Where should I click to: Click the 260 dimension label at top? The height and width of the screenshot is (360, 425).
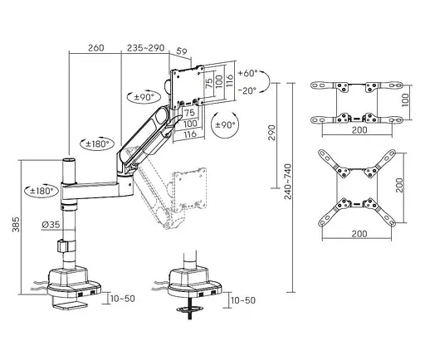click(96, 48)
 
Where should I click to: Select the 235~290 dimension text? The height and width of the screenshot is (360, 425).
click(146, 48)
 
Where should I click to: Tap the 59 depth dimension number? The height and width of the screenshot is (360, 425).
click(182, 51)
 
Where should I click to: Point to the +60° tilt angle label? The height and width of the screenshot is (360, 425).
click(247, 73)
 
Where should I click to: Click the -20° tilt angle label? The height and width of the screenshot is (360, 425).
click(247, 90)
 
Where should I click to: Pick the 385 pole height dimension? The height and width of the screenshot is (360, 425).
click(16, 224)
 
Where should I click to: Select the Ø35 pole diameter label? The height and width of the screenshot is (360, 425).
click(51, 225)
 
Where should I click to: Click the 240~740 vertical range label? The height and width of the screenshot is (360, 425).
click(288, 182)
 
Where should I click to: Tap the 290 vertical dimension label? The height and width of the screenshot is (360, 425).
click(272, 133)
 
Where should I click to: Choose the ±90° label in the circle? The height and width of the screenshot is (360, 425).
click(226, 125)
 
